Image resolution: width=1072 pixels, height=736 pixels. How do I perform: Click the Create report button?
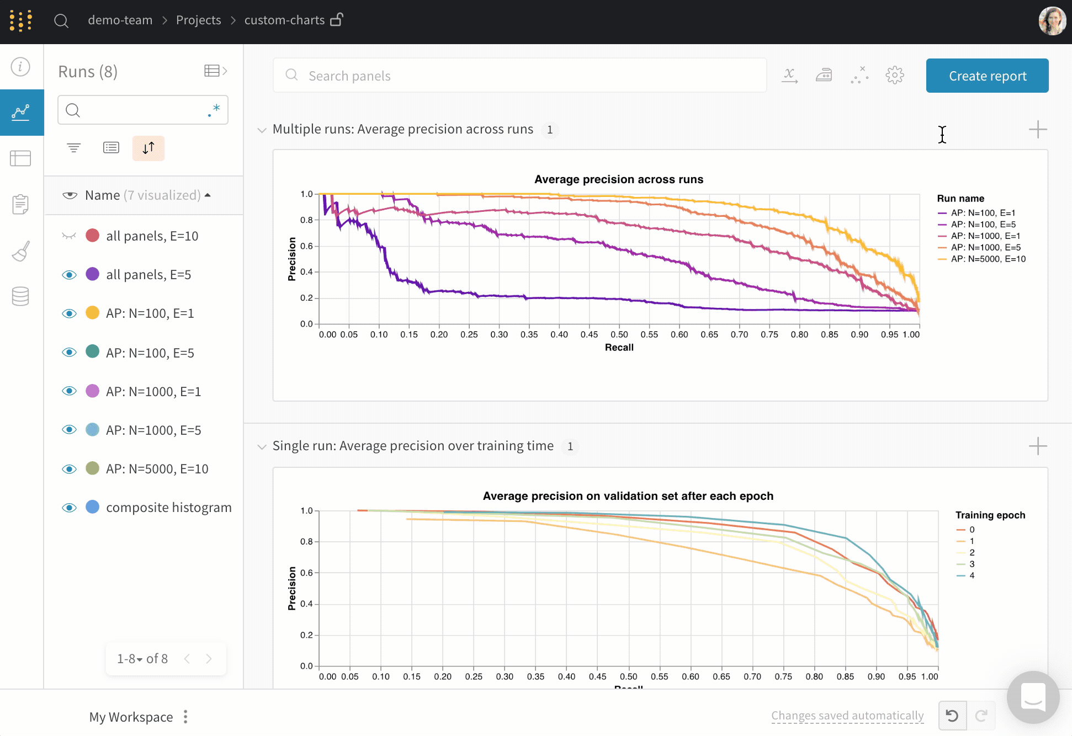point(987,76)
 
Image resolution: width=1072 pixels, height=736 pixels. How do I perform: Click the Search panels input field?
point(519,76)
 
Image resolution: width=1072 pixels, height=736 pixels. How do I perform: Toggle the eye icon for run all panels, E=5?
point(69,275)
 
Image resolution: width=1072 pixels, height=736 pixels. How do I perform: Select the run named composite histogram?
point(168,508)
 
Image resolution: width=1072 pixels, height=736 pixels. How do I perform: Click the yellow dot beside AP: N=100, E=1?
point(92,313)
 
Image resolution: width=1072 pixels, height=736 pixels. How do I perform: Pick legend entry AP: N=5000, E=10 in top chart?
point(988,259)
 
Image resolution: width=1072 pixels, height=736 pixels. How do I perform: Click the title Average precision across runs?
point(618,179)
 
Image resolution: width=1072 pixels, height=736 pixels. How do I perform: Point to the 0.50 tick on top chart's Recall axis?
point(619,334)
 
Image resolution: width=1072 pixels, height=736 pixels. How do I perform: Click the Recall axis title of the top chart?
point(619,348)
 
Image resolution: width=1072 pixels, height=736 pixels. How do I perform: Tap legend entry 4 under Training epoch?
point(972,575)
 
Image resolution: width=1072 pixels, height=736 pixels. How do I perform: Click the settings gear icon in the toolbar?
point(894,75)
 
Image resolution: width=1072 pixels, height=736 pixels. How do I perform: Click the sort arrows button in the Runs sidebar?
point(148,148)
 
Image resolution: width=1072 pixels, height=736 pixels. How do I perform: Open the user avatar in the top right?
point(1052,21)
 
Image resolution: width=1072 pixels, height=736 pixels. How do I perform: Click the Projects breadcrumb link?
point(198,20)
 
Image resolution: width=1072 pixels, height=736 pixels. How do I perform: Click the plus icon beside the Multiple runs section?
point(1037,130)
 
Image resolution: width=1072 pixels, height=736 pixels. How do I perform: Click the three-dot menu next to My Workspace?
point(185,717)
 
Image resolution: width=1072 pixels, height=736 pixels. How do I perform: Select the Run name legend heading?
point(960,199)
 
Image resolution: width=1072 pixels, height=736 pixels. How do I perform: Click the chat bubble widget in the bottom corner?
point(1033,697)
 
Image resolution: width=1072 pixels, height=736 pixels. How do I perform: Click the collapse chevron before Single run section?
point(262,446)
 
